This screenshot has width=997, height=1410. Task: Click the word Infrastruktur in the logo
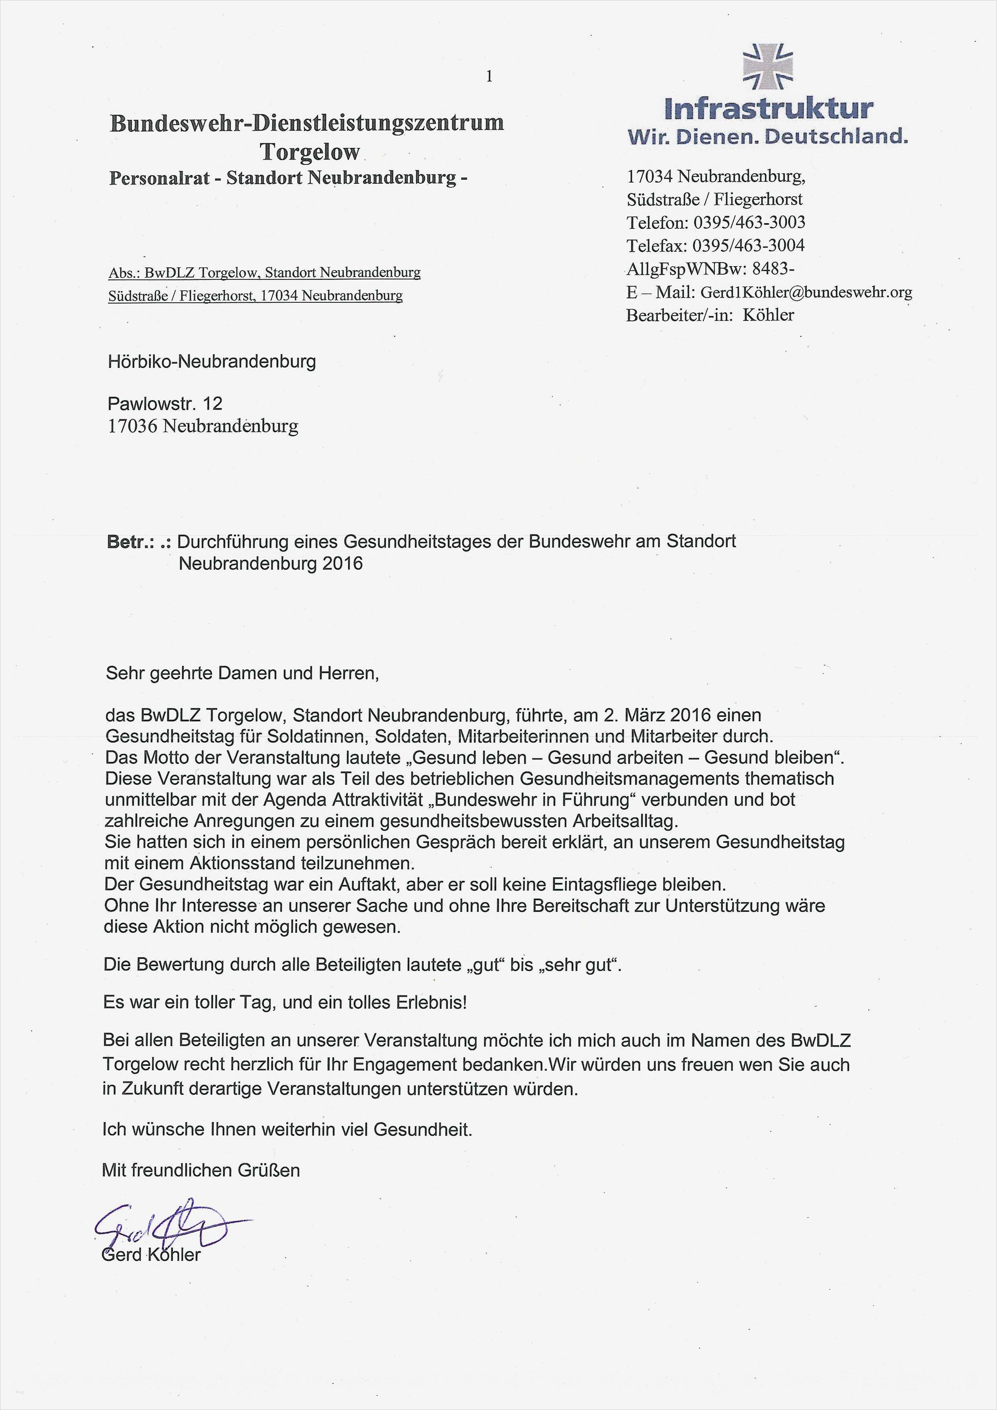pyautogui.click(x=769, y=109)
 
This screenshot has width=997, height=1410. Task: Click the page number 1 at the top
pyautogui.click(x=489, y=76)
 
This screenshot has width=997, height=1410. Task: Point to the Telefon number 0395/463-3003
pyautogui.click(x=749, y=222)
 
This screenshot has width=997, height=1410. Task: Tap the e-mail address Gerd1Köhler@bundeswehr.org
pyautogui.click(x=806, y=292)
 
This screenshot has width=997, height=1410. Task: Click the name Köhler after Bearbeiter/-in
pyautogui.click(x=768, y=315)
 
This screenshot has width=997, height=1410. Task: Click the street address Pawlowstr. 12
pyautogui.click(x=164, y=404)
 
